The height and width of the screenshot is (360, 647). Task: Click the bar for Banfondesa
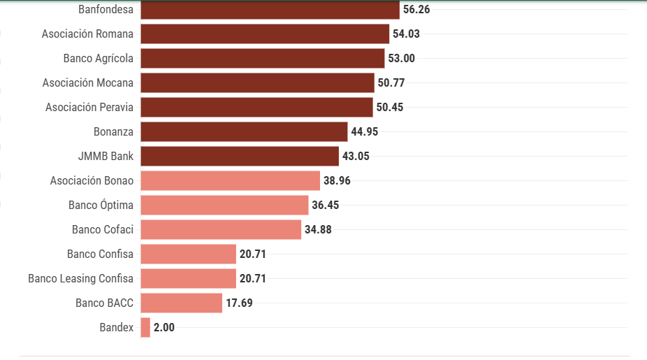pos(270,10)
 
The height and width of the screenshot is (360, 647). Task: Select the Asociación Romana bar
pos(265,34)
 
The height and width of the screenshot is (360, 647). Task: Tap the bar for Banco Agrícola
pos(263,58)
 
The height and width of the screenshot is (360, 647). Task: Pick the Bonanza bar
pos(244,131)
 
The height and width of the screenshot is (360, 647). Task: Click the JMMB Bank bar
pos(240,156)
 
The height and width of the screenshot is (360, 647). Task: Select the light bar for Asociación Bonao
pos(230,180)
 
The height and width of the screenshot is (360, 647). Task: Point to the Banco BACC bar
pos(181,303)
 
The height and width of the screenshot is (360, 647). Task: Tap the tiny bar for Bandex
pos(145,327)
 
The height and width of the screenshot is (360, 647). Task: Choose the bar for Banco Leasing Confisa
pos(188,278)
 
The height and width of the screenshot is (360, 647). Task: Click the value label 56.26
pos(416,10)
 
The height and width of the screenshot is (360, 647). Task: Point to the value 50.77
pos(391,82)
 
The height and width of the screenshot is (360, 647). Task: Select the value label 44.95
pos(365,131)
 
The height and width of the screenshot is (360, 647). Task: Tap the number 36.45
pos(326,205)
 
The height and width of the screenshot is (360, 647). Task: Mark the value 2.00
pos(164,327)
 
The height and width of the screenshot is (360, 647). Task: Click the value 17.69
pos(239,303)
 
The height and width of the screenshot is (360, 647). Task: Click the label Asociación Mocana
pos(87,82)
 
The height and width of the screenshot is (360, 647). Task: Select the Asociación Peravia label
pos(89,107)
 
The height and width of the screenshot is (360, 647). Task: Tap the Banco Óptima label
pos(101,205)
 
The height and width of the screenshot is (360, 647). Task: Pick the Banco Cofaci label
pos(102,229)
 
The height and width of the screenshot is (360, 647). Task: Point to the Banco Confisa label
pos(100,254)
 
